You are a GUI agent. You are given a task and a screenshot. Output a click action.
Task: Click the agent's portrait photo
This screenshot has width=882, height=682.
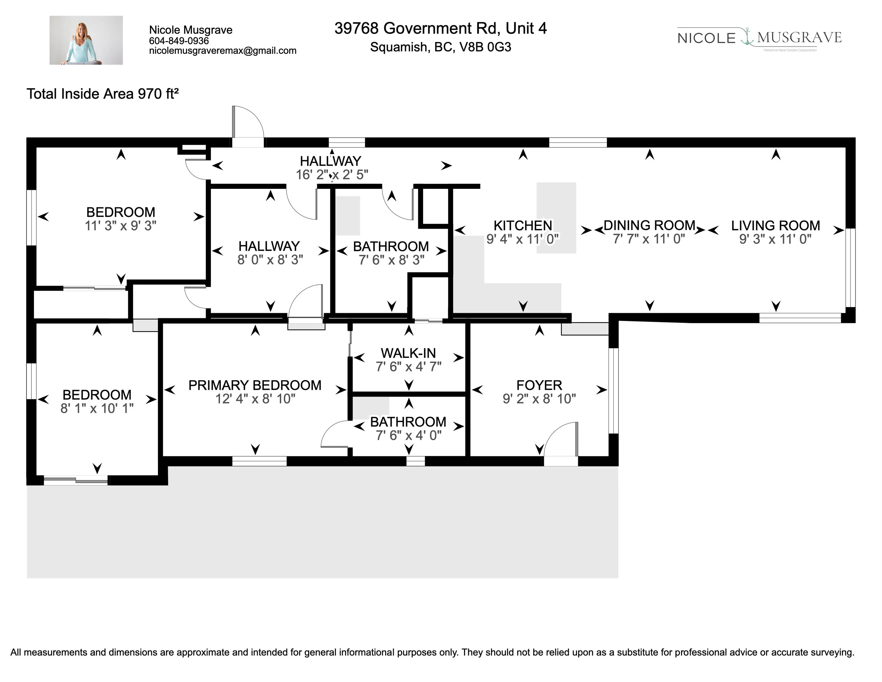point(86,40)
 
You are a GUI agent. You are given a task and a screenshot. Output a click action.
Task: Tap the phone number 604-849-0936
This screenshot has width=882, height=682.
point(179,41)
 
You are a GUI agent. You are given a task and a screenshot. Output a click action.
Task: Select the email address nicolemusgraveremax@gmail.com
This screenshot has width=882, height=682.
point(222,51)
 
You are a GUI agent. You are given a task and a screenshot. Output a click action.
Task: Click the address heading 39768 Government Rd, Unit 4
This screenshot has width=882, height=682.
point(441,28)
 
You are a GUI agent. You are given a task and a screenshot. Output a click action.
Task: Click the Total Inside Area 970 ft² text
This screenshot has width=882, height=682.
point(103,94)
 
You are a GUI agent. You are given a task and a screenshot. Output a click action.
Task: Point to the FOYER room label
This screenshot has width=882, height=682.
point(539,385)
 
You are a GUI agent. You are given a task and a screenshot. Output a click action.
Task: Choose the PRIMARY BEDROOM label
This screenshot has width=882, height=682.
point(255,385)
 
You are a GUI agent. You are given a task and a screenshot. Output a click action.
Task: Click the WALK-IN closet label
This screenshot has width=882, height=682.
point(408,353)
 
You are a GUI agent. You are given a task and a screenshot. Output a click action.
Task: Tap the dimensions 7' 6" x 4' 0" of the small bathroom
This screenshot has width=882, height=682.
point(408,435)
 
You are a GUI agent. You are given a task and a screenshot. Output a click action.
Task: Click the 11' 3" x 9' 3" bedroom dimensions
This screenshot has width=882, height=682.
point(120,226)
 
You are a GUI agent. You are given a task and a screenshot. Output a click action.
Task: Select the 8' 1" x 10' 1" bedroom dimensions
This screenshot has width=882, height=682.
point(97,408)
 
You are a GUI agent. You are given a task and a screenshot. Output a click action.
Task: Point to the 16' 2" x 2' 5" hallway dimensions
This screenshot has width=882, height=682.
point(332,175)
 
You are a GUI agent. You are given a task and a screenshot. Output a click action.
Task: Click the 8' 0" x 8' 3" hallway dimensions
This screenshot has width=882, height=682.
point(270,260)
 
